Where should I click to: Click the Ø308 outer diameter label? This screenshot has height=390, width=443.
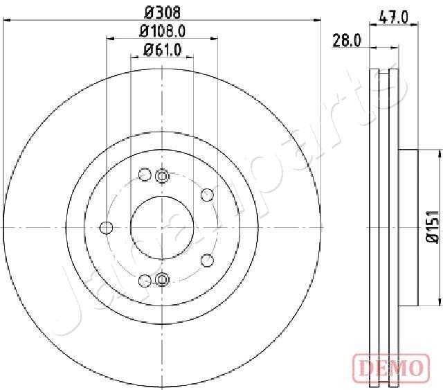[x=163, y=12]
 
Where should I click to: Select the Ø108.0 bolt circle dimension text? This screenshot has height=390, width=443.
[x=163, y=31]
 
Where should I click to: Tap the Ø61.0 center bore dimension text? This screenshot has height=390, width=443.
[x=162, y=50]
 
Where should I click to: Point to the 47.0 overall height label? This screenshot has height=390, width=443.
[x=394, y=18]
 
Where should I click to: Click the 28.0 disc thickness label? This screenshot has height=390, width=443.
[x=347, y=40]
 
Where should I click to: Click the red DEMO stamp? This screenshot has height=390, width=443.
[x=391, y=368]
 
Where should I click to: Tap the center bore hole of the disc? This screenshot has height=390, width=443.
[x=162, y=228]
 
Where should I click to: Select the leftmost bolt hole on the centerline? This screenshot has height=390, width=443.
[x=107, y=228]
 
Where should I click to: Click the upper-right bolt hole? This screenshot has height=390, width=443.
[x=207, y=195]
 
